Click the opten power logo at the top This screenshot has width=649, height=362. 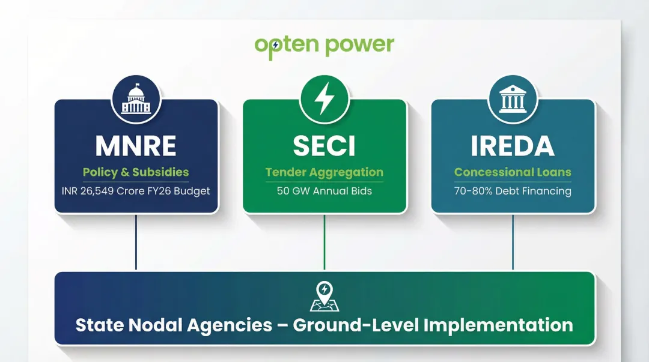coord(324,46)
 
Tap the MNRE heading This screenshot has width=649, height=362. coord(136,146)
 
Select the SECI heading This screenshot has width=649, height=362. coord(324,146)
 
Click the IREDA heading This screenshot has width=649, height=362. coord(513,146)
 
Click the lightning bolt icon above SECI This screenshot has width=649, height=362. coord(324,100)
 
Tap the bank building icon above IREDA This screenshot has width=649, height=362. coord(513,100)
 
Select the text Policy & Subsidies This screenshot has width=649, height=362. coord(136,172)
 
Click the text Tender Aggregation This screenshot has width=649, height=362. coord(324,172)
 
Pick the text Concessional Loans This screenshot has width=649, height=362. coord(513,172)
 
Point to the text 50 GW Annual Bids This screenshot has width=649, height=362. coord(324,192)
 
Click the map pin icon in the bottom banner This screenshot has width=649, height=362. coord(324,296)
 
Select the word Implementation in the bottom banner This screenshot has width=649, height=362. coord(498,325)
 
